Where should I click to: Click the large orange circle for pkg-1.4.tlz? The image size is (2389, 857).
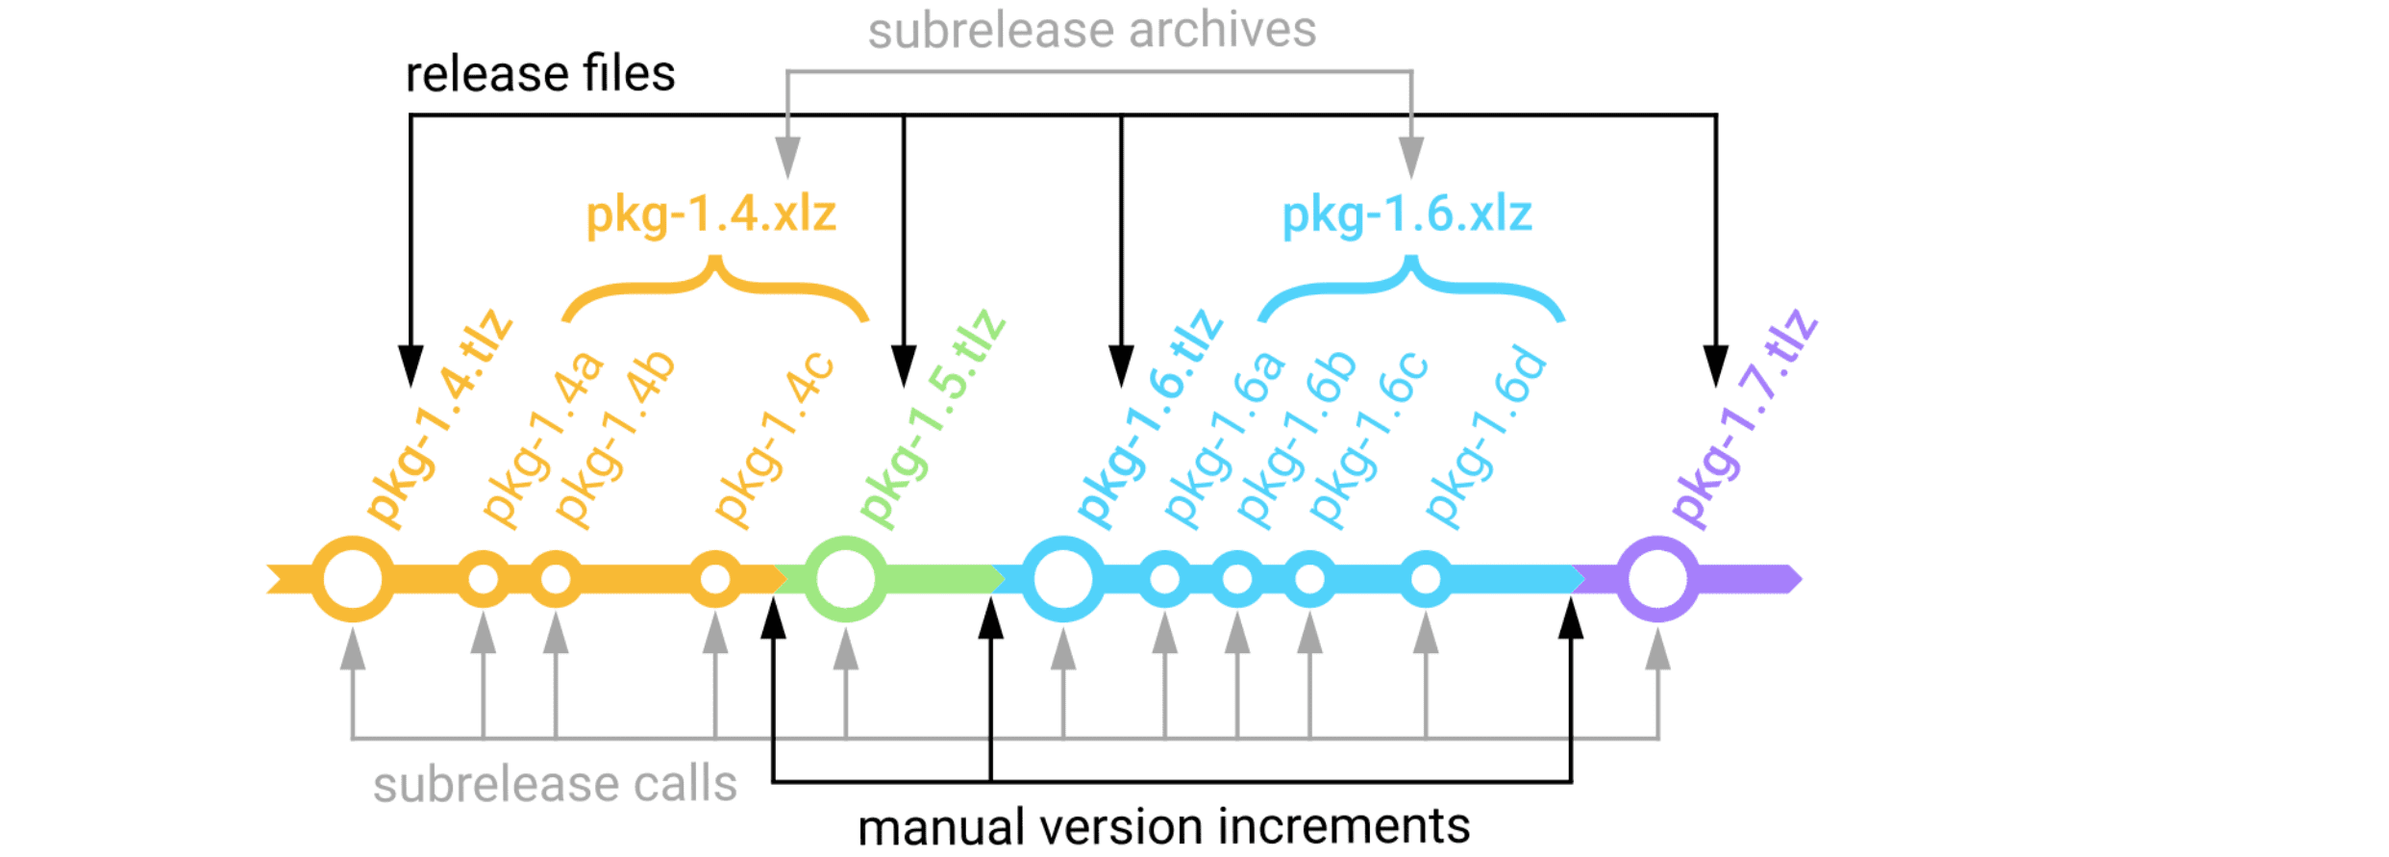tap(353, 579)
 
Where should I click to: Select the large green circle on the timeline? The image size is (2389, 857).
tap(845, 579)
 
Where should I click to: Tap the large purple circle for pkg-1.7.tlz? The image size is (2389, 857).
tap(1657, 579)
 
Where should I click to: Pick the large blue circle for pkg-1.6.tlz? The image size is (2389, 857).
tap(1062, 579)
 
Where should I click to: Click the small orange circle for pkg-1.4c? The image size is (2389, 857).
tap(714, 579)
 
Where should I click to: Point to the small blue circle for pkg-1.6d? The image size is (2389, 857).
tap(1426, 579)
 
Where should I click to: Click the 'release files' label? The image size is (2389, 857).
tap(540, 74)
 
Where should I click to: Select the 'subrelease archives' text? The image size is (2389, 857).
tap(1092, 30)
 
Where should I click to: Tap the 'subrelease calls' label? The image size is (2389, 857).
tap(555, 785)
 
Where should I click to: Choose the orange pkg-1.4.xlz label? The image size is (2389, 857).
tap(711, 214)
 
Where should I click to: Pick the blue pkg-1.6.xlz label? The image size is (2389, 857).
tap(1406, 214)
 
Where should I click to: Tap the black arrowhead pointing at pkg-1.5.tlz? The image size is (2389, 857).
tap(903, 365)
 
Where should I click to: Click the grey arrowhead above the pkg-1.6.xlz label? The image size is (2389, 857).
tap(1410, 156)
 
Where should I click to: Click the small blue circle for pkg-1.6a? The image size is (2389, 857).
tap(1164, 579)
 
